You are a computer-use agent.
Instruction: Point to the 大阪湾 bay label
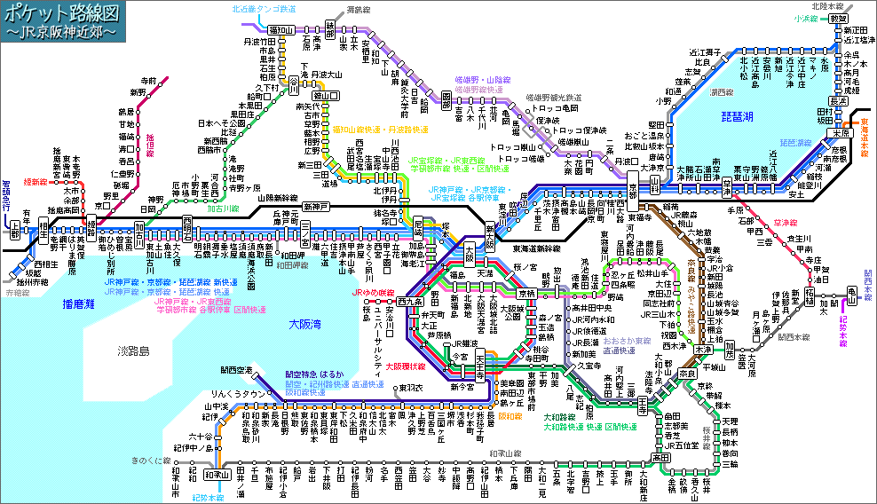click(306, 325)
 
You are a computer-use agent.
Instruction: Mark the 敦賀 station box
click(838, 18)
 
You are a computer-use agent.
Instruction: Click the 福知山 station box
click(281, 29)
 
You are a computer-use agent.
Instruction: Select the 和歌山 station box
click(218, 474)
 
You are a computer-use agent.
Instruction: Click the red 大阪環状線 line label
click(405, 366)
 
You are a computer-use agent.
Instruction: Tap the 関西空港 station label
click(237, 369)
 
